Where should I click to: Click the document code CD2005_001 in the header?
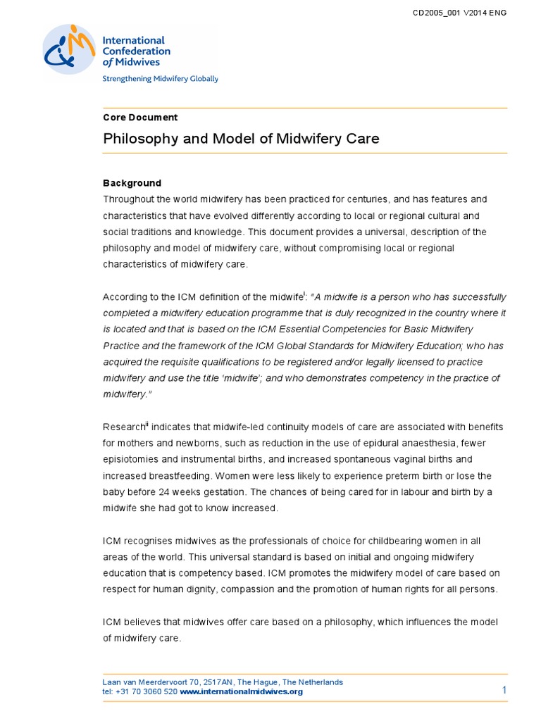click(437, 13)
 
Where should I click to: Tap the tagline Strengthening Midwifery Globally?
click(161, 79)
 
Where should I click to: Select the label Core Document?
click(140, 118)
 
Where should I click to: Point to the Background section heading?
click(132, 183)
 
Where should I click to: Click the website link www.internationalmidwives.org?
click(241, 691)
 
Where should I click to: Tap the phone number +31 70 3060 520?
click(146, 691)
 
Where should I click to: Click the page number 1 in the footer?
click(504, 690)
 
